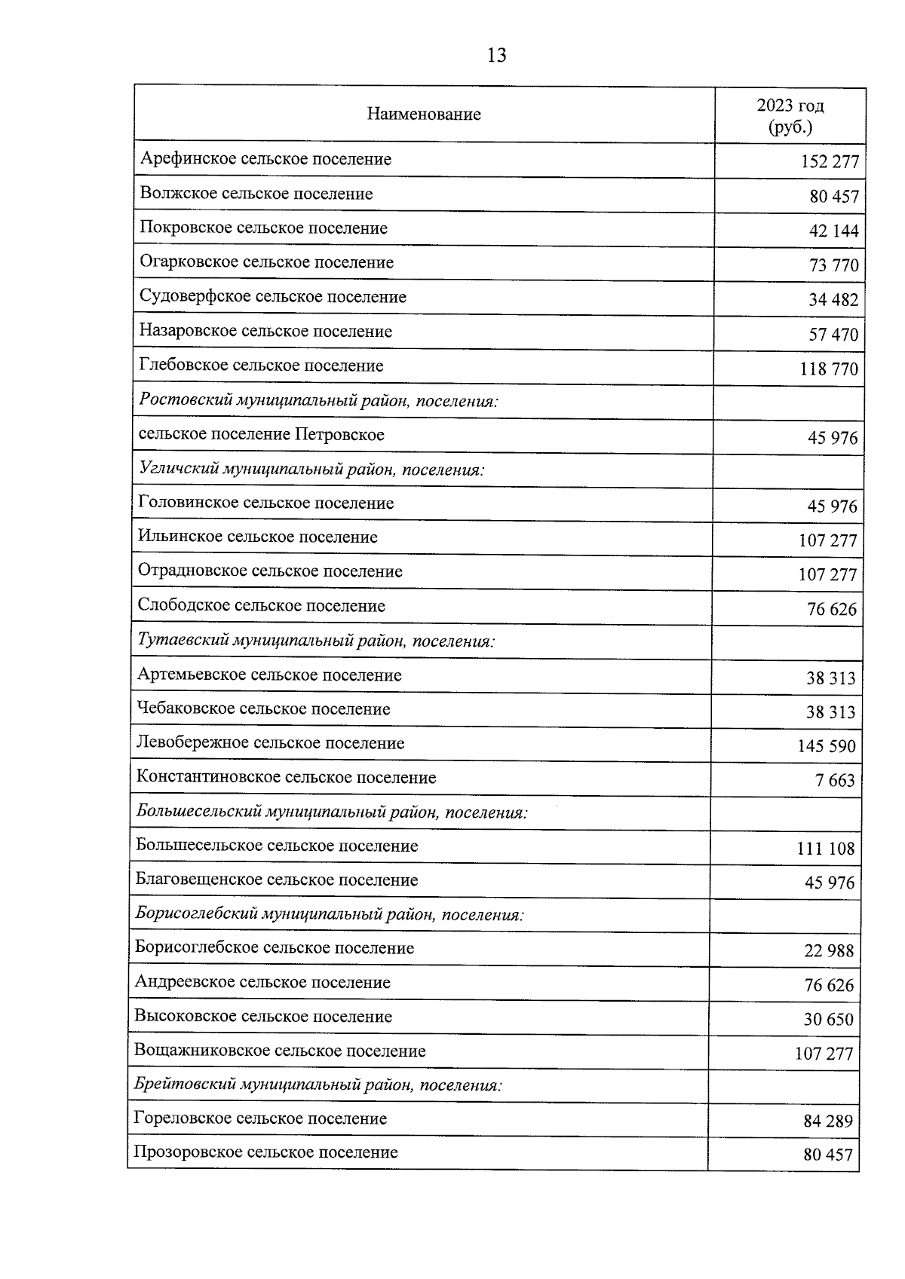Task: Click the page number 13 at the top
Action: [x=496, y=55]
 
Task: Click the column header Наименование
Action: [x=424, y=115]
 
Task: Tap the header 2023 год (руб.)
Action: [x=790, y=116]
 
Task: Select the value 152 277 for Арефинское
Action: [x=829, y=162]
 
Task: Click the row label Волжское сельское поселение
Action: [x=256, y=194]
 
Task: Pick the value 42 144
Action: [x=833, y=231]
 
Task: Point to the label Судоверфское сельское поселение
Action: [x=272, y=297]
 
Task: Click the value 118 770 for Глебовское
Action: [x=828, y=369]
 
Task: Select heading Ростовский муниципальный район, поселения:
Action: [x=319, y=401]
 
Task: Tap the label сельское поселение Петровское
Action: [x=261, y=435]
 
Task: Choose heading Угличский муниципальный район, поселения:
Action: [x=311, y=470]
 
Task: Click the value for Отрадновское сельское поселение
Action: [x=827, y=575]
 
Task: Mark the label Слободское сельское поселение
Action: [x=261, y=606]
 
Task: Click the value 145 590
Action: [x=827, y=747]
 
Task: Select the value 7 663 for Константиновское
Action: [x=834, y=781]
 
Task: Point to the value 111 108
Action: [x=826, y=849]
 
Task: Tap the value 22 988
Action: [x=829, y=951]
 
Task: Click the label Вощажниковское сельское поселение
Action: [x=280, y=1051]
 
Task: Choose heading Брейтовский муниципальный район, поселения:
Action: [x=318, y=1085]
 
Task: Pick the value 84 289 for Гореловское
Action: [x=827, y=1121]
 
